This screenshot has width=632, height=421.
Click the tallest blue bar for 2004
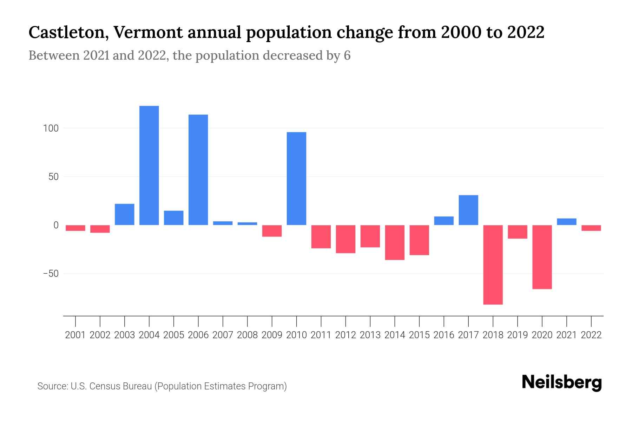[x=149, y=165]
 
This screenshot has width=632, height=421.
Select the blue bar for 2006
[x=198, y=170]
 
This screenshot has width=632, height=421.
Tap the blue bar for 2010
[x=296, y=179]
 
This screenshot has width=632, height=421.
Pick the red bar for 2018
[x=493, y=265]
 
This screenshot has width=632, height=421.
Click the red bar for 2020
[x=542, y=257]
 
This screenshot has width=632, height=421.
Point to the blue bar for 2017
[x=468, y=210]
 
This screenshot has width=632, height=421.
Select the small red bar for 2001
[x=75, y=228]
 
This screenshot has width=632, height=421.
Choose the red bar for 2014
[x=394, y=242]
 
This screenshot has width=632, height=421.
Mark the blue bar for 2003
[x=124, y=214]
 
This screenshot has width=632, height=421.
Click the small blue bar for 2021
[x=566, y=222]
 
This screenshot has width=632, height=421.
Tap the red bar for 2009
[x=272, y=231]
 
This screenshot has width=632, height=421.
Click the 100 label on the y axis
[x=51, y=128]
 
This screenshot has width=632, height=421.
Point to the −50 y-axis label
[x=51, y=274]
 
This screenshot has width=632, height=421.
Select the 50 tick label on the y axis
[x=53, y=177]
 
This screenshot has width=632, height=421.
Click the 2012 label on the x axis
[x=345, y=335]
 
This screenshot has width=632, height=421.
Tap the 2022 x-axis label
[x=591, y=335]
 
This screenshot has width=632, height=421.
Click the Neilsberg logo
[x=562, y=382]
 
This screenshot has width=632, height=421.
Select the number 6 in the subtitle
[x=347, y=56]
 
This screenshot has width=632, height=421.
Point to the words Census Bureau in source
[x=121, y=386]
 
